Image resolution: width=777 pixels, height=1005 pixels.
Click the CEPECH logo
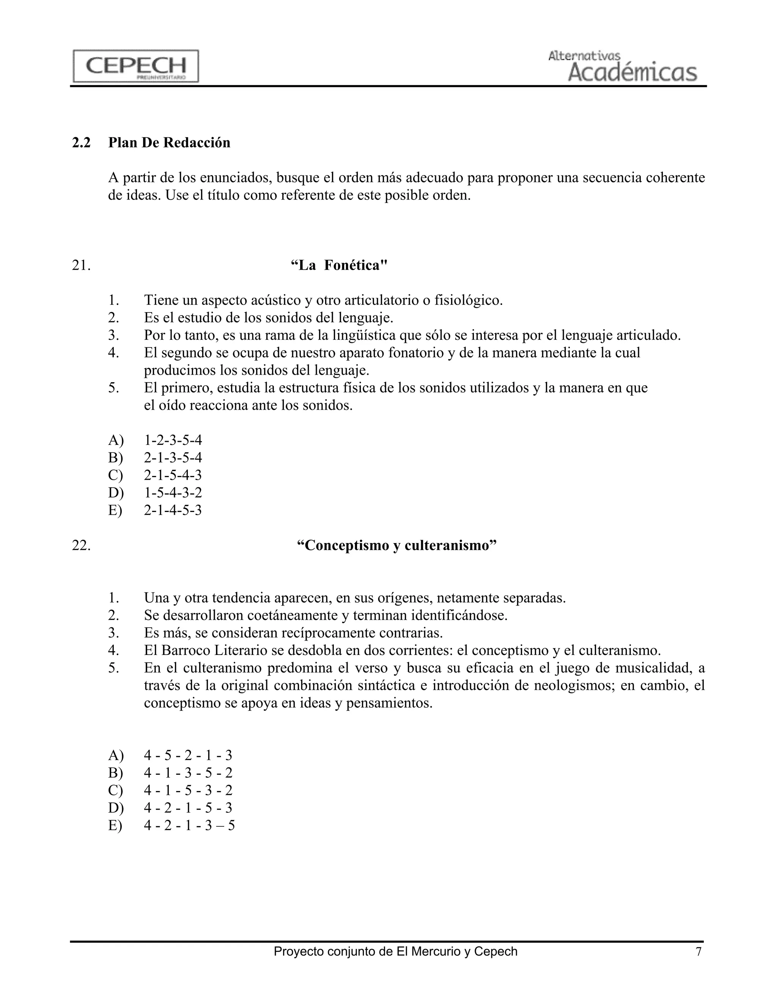(x=136, y=66)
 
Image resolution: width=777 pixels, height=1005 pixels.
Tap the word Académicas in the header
(x=632, y=72)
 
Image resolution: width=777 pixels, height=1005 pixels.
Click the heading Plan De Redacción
(x=169, y=143)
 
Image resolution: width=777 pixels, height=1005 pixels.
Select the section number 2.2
(x=81, y=143)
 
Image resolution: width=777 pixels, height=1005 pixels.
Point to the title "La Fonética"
(x=339, y=265)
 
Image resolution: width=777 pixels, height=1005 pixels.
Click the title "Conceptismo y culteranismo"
(x=396, y=545)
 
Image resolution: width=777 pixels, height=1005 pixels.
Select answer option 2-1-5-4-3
(x=173, y=475)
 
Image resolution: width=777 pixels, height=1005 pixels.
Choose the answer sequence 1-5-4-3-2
(x=173, y=493)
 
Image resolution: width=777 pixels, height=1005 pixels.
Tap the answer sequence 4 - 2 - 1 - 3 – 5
(x=189, y=825)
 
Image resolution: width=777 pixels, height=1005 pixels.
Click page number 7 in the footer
(x=698, y=951)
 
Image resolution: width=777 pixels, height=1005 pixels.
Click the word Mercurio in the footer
(x=437, y=951)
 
